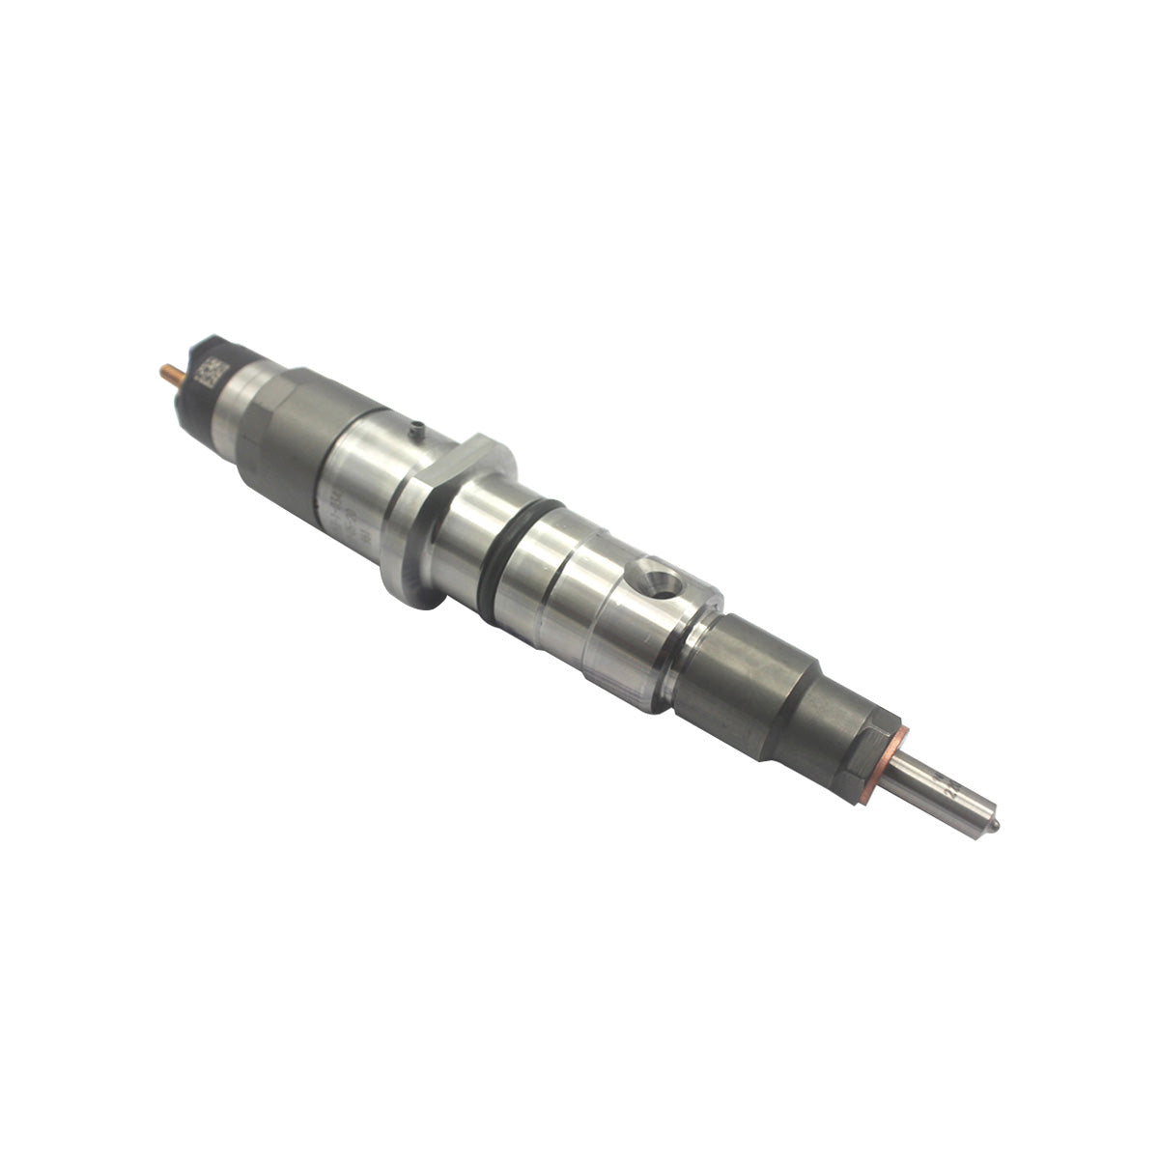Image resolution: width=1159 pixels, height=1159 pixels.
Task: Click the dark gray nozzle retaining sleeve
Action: [763, 676]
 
